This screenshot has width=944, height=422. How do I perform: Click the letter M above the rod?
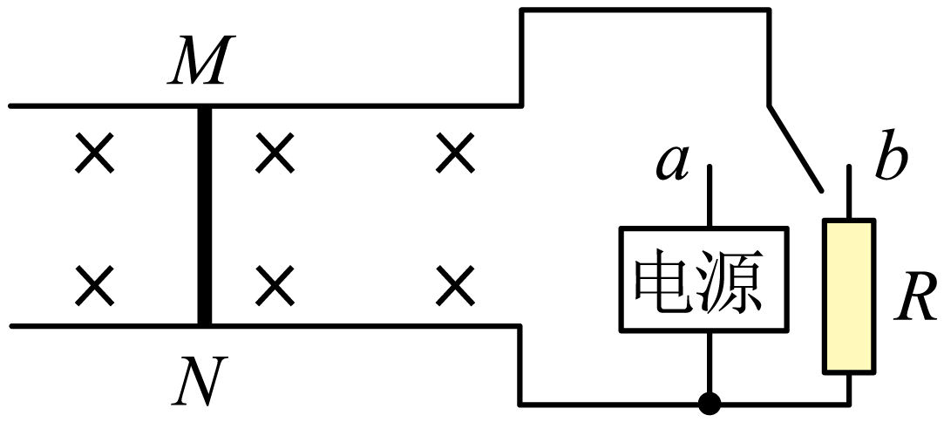[198, 62]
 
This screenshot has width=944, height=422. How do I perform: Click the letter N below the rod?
[198, 381]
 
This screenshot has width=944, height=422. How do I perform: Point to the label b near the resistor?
[891, 161]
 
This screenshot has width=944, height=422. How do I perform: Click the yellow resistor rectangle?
[849, 296]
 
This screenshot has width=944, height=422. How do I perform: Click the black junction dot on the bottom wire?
[710, 404]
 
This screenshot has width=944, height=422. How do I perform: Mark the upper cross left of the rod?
[94, 155]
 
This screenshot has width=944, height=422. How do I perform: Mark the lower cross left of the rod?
[94, 284]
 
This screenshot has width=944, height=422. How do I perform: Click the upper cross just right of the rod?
[275, 155]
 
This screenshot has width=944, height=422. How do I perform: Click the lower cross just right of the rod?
[275, 284]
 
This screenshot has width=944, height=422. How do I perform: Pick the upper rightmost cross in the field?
[456, 155]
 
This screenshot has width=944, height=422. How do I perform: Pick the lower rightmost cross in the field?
[456, 284]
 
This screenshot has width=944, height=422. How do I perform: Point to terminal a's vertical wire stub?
[710, 196]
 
